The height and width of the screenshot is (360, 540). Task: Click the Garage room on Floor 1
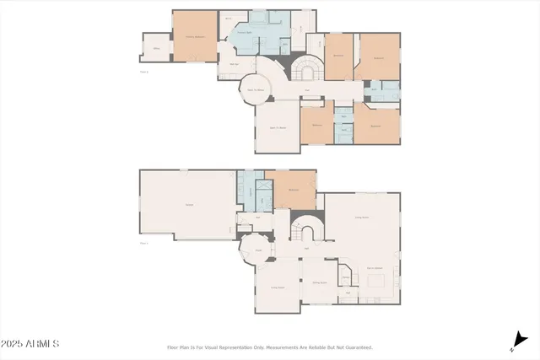click(x=187, y=205)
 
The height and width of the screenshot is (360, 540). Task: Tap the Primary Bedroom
click(x=194, y=35)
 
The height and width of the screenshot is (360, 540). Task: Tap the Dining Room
click(x=320, y=283)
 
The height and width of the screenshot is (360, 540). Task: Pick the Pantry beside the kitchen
click(x=346, y=278)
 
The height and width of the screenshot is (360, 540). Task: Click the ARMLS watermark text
click(x=30, y=343)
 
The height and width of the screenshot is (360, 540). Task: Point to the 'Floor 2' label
click(x=144, y=72)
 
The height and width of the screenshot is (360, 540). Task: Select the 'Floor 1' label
click(x=144, y=243)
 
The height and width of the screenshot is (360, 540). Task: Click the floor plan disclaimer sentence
click(x=270, y=347)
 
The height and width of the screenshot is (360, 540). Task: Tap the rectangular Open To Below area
click(x=277, y=127)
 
